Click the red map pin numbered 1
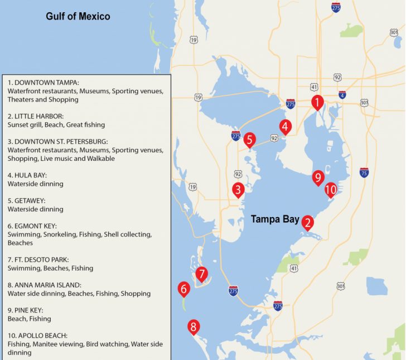point(317,103)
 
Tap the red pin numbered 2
point(307,223)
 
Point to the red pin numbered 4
point(285,127)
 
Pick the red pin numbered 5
point(249,139)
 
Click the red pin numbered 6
point(183,289)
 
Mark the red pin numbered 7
point(202,274)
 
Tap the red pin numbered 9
point(318,177)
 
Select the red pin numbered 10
point(331,190)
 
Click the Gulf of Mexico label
point(78,17)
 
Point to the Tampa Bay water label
point(275,219)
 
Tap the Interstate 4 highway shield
point(342,95)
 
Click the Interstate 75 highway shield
point(364,172)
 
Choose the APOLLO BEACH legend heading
point(37,336)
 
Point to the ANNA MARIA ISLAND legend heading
point(44,285)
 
